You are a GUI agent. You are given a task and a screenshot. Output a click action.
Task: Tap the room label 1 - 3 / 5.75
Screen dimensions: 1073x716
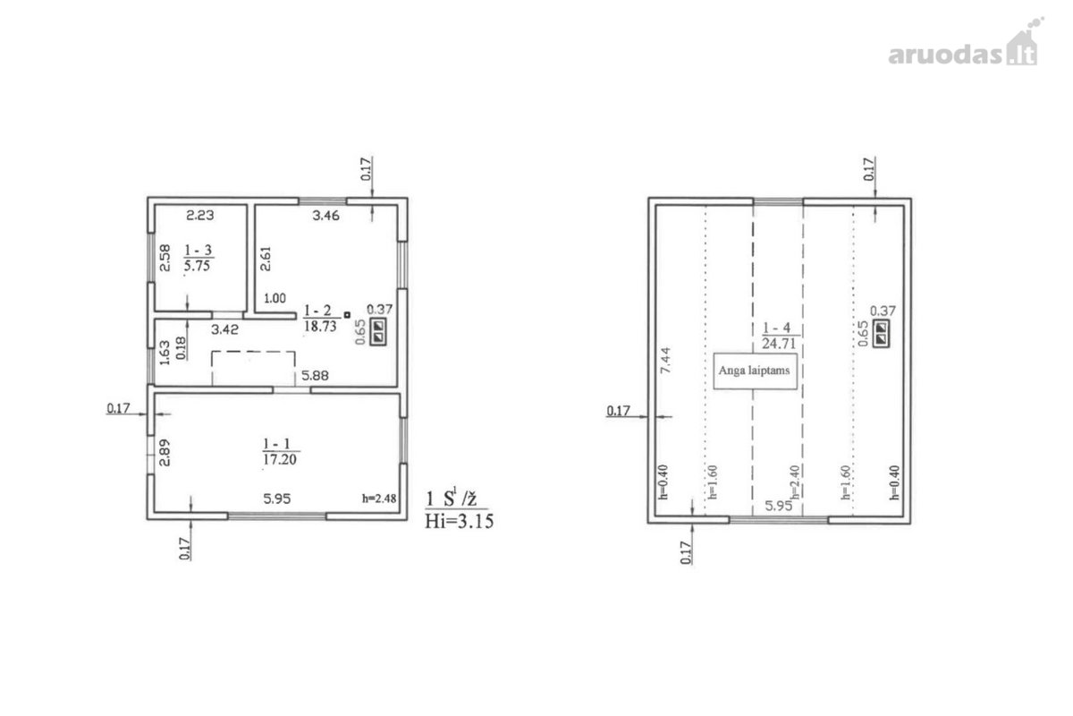point(199,258)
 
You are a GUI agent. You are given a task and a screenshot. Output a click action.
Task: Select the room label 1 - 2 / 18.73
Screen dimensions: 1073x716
point(320,319)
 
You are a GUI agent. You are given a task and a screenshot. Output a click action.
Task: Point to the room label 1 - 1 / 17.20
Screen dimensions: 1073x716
point(280,451)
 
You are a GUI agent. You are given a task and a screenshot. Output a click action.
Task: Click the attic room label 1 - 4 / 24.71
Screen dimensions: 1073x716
point(779,336)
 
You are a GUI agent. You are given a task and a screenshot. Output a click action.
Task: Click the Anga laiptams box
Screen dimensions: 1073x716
point(755,371)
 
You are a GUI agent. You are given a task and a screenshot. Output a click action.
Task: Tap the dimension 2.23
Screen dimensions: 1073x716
point(199,216)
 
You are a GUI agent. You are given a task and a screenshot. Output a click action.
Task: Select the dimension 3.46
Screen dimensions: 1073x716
point(325,216)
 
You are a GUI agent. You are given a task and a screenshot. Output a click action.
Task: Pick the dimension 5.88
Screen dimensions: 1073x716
point(315,376)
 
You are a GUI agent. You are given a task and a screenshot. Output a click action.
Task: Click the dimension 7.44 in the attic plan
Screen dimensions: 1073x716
point(666,361)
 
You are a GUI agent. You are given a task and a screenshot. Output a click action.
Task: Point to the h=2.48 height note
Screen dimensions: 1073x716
point(379,499)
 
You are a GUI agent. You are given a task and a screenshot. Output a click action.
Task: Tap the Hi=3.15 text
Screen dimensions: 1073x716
point(459,521)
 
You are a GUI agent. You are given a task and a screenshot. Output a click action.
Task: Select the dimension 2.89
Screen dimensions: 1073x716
point(165,453)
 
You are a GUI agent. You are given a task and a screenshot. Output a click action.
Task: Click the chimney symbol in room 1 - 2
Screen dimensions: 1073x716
point(378,332)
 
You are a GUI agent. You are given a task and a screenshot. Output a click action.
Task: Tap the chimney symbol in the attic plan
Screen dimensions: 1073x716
point(881,334)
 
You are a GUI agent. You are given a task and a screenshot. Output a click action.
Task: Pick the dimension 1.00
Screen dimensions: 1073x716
point(275,298)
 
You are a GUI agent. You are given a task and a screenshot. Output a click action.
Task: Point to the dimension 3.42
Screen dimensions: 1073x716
point(224,329)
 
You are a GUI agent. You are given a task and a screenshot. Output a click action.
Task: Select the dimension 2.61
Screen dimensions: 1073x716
point(266,259)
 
